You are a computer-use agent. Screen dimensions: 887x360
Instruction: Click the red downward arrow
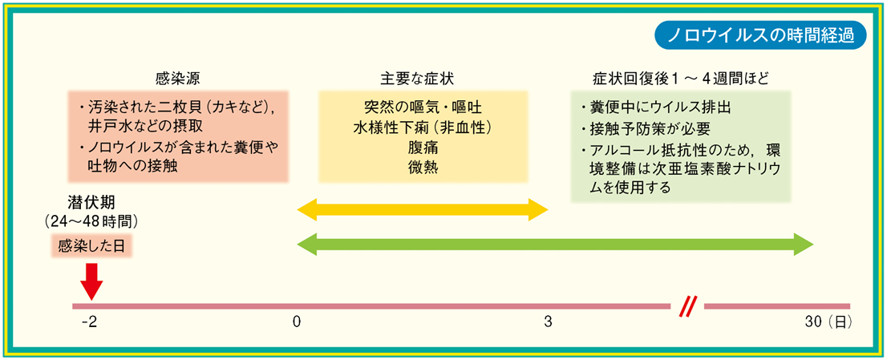pos(91,281)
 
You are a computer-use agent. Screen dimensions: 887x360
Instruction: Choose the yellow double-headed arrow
pos(423,210)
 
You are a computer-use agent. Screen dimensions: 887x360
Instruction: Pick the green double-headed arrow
pos(555,245)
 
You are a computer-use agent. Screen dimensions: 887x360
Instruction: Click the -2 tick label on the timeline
pos(90,322)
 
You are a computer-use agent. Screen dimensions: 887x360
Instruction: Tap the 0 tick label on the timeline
pos(296,322)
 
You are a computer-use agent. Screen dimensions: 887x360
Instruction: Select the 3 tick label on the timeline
pos(548,322)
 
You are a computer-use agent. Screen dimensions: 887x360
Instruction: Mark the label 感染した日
pos(91,246)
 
